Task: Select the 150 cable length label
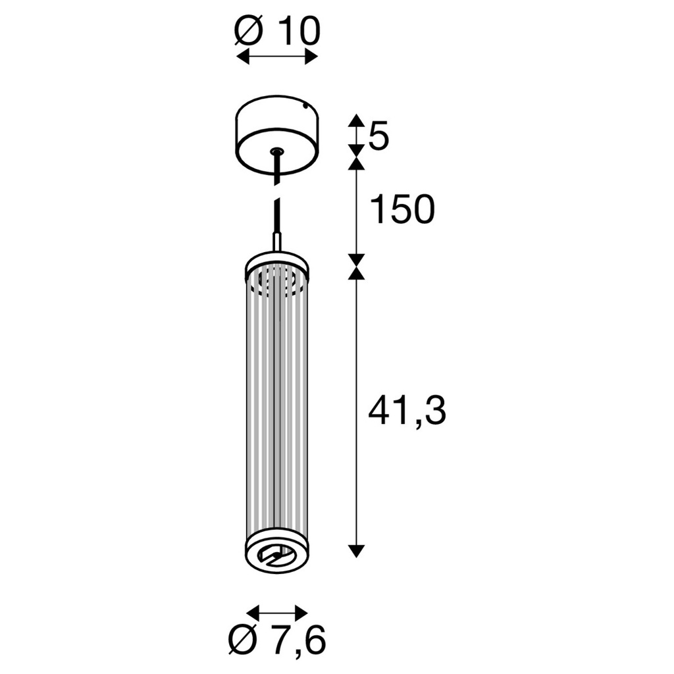point(402,210)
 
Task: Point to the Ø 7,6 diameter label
point(277,640)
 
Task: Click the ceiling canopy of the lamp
point(277,135)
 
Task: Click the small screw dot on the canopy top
point(305,105)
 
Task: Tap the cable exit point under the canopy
point(277,153)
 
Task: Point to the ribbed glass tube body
point(277,408)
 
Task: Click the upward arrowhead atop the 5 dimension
point(356,120)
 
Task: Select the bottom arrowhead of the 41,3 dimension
point(356,551)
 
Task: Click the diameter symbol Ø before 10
point(250,30)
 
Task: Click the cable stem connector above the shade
point(277,242)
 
